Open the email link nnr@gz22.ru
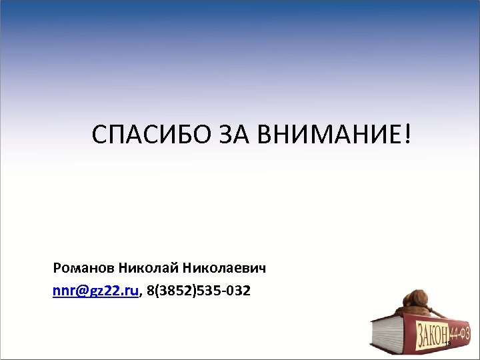click(x=96, y=291)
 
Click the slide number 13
click(x=448, y=343)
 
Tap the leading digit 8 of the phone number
click(x=150, y=291)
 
